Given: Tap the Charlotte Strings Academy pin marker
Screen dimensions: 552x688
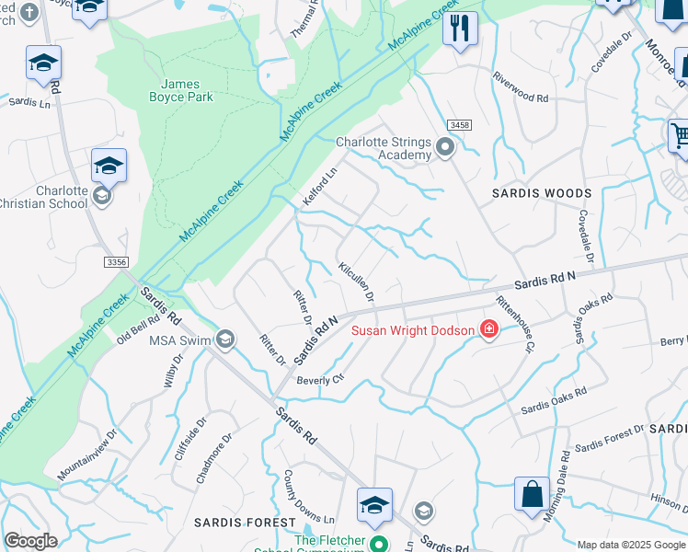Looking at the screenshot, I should pyautogui.click(x=446, y=147).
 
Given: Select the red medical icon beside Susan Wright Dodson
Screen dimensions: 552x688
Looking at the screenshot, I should pyautogui.click(x=488, y=330).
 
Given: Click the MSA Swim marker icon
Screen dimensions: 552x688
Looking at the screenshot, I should pyautogui.click(x=224, y=340).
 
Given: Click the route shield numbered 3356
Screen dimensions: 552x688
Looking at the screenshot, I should pyautogui.click(x=116, y=262).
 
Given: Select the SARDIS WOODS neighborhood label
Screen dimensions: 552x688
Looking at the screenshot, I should pyautogui.click(x=541, y=193).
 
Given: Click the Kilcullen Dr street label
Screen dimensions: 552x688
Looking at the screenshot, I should pyautogui.click(x=356, y=282).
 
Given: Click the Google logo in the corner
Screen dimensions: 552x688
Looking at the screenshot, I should pyautogui.click(x=30, y=541).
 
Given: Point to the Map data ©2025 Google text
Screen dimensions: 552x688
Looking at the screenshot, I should pyautogui.click(x=631, y=545).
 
